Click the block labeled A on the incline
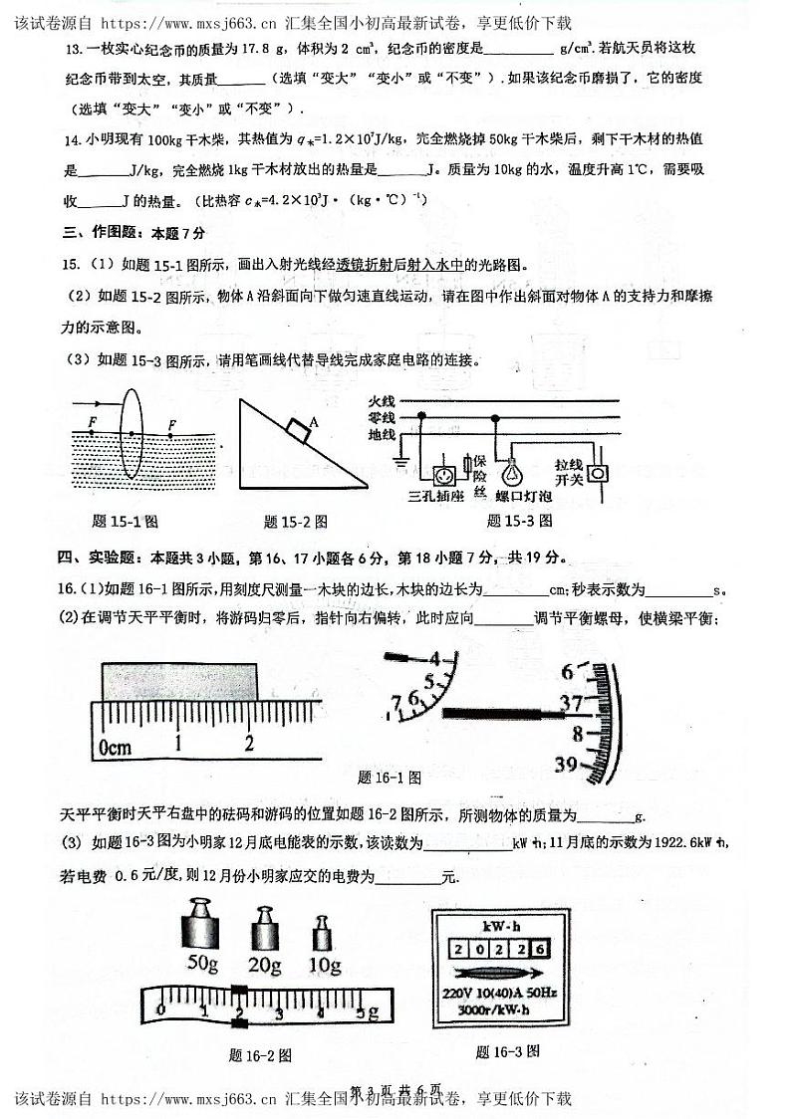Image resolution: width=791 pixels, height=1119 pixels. [297, 429]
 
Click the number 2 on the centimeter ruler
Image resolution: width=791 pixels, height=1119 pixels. [249, 743]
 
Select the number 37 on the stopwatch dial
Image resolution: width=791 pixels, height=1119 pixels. [571, 704]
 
